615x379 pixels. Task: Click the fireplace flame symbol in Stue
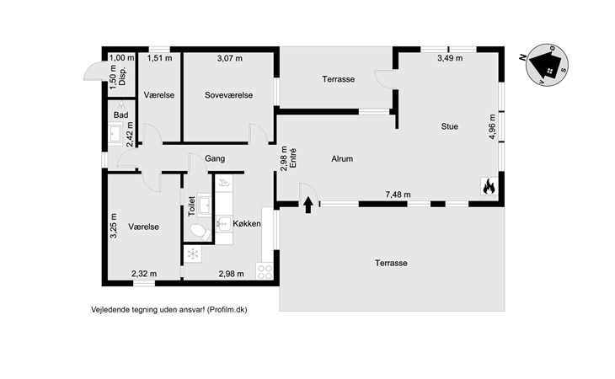[488, 187]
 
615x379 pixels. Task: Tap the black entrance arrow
[307, 203]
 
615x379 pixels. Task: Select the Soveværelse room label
[228, 95]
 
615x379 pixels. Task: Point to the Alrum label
[341, 158]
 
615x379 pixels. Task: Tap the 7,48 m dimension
[398, 195]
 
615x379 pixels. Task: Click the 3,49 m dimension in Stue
[450, 58]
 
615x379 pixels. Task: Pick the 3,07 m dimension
[229, 58]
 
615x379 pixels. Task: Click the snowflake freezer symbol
[193, 254]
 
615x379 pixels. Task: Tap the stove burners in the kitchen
[265, 271]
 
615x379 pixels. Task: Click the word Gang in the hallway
[215, 158]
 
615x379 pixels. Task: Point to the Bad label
[120, 115]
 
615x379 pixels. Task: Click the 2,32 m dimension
[144, 274]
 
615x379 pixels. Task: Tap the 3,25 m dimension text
[114, 227]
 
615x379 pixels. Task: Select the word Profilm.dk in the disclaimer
[227, 309]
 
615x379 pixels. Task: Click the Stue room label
[449, 126]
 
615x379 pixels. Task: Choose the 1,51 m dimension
[159, 58]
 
